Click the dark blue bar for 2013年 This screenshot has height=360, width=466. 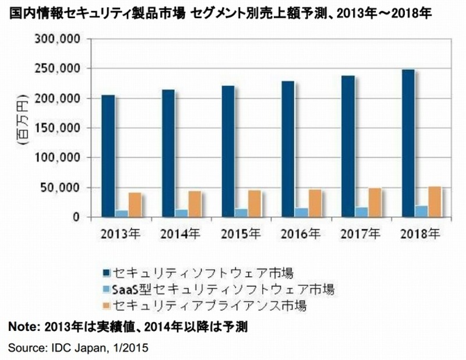tap(108, 156)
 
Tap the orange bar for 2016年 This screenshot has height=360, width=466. tap(316, 203)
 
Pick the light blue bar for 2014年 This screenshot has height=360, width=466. tap(181, 213)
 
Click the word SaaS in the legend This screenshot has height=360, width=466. tap(126, 289)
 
